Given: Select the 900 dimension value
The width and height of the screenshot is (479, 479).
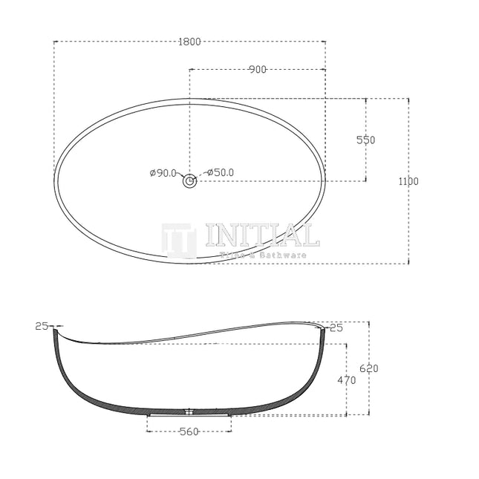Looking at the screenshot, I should (x=258, y=70).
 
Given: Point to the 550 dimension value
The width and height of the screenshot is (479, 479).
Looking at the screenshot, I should (x=365, y=140).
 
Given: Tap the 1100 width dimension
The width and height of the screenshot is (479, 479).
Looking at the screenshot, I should (x=408, y=181).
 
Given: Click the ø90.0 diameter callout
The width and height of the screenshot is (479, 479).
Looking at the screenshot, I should (x=163, y=173).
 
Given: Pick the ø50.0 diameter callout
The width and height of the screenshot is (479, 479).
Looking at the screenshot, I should (x=221, y=173).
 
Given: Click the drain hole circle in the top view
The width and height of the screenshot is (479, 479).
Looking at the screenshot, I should (x=189, y=180).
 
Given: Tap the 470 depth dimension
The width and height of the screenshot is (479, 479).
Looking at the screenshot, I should (x=347, y=380).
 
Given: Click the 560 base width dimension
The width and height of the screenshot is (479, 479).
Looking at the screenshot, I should (x=189, y=432).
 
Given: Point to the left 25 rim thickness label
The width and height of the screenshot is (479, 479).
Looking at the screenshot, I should (x=41, y=326).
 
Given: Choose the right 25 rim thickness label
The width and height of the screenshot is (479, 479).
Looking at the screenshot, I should (x=336, y=327).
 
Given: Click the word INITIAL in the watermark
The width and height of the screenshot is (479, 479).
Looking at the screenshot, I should (x=261, y=235).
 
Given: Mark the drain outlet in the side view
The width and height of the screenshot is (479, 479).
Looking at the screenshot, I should (x=189, y=411).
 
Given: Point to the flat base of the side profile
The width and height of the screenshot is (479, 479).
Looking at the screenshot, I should (x=189, y=414).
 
